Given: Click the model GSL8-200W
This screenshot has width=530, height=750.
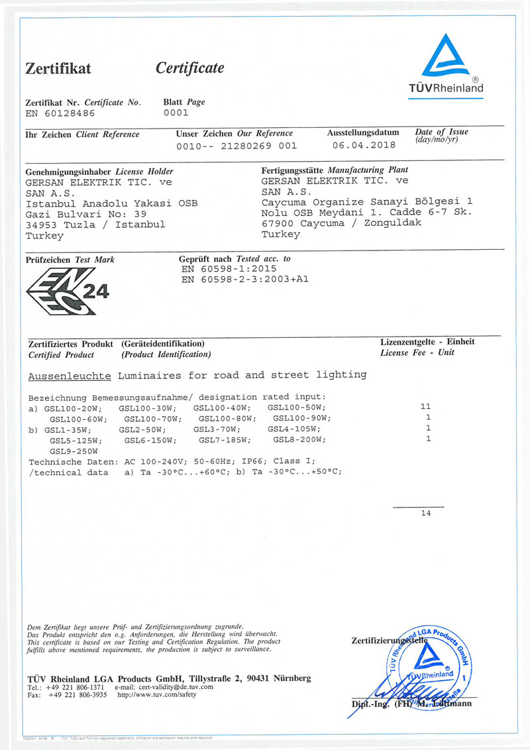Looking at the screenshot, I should [297, 440].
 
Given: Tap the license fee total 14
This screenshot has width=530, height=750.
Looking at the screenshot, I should [425, 513].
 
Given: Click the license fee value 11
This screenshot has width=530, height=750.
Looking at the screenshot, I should [426, 406].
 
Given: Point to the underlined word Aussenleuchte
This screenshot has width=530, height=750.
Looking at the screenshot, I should [70, 376].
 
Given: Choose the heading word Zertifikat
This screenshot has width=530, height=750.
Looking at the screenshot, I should [58, 68].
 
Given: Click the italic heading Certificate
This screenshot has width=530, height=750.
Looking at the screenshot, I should [189, 68].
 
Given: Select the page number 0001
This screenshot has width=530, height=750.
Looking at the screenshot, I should [176, 113].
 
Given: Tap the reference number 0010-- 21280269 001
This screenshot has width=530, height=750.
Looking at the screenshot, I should [236, 145].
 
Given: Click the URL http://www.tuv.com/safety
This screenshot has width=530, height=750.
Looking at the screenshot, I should [157, 695].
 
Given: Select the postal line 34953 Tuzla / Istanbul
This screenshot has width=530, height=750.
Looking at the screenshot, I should [95, 225].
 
